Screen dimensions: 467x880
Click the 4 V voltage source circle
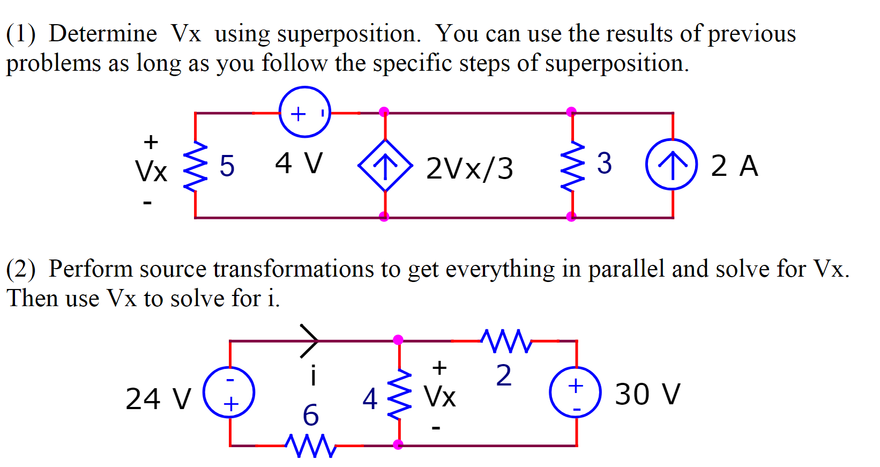coord(305,112)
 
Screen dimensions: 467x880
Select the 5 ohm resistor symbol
coord(195,166)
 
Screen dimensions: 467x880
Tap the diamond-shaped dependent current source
coord(385,165)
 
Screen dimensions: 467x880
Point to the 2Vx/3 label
coord(469,168)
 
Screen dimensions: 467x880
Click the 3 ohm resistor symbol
coord(572,166)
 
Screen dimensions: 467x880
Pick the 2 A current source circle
coord(672,164)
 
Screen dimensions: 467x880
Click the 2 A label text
coord(734,165)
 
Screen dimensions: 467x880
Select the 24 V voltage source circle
coord(229,392)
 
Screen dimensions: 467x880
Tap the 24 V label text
coord(158,399)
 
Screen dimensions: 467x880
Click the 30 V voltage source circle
coord(576,392)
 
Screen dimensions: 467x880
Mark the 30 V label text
coord(647,395)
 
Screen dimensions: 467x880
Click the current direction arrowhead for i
coord(310,340)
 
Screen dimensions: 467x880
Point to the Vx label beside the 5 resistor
coord(151,172)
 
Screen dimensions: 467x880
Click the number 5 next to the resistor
coord(227,166)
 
